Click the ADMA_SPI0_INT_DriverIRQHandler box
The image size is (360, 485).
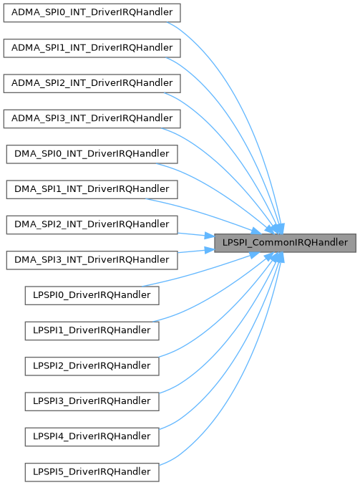click(x=92, y=13)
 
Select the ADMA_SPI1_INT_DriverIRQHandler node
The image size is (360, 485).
click(x=92, y=48)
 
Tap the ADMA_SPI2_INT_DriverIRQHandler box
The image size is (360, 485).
click(x=92, y=84)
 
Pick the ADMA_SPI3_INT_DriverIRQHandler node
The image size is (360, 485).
click(x=92, y=119)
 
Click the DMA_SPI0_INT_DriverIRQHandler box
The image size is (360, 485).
click(x=92, y=154)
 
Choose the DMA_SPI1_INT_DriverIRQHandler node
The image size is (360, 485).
click(x=92, y=190)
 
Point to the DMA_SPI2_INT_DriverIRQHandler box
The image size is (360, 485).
click(x=92, y=225)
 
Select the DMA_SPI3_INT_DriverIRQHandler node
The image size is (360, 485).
click(x=92, y=261)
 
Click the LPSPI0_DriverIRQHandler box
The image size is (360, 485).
click(x=92, y=296)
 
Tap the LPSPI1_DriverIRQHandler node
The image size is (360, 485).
click(x=92, y=331)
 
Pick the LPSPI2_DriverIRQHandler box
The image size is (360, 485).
click(x=92, y=367)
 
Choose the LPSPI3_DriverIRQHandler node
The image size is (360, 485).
click(x=92, y=402)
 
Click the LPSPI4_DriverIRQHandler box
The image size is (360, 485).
click(x=92, y=437)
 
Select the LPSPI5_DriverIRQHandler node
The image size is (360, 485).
click(x=92, y=473)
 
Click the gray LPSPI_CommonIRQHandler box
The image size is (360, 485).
click(x=285, y=243)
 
